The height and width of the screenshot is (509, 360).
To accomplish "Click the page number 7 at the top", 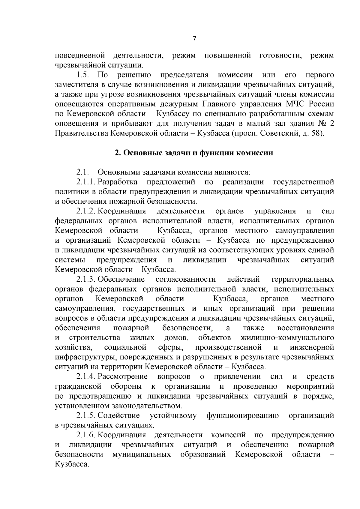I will [194, 39].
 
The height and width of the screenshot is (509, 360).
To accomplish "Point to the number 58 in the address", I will [317, 133].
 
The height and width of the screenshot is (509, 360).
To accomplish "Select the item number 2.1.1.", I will [86, 182].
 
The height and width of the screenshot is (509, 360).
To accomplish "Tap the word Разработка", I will [118, 182].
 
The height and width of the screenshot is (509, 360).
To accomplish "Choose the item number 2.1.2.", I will [86, 211].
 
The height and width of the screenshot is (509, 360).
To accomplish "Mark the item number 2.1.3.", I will [86, 280].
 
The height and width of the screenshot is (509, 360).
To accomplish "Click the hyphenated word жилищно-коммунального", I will [287, 338].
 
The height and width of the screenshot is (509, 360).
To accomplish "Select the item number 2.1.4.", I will [86, 377].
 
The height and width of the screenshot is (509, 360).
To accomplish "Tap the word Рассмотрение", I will [123, 377].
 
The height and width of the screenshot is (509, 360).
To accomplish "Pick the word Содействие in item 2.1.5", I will [119, 416].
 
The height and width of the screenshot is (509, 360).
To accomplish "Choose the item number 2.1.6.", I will [86, 435].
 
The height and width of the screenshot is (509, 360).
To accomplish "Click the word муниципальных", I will [142, 455].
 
